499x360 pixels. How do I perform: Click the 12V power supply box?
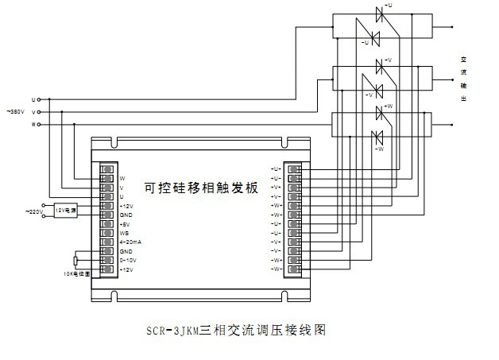[x=65, y=211]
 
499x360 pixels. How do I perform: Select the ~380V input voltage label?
[x=17, y=112]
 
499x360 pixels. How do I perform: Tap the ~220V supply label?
[x=34, y=211]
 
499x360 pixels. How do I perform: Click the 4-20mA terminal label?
[x=130, y=242]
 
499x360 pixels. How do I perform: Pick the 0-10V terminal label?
[x=127, y=260]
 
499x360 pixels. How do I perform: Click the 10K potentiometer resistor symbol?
[x=75, y=261]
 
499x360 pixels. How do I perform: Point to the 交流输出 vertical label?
[x=463, y=79]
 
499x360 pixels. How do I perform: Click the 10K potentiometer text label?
[x=75, y=273]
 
